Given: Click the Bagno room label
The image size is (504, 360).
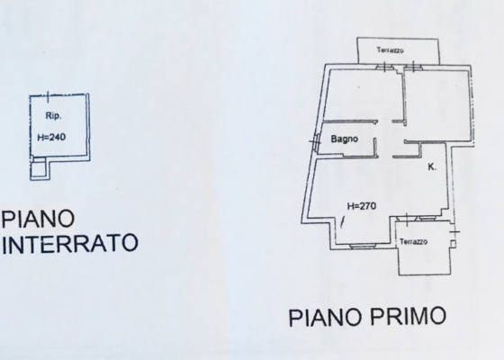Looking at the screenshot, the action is tap(344, 139).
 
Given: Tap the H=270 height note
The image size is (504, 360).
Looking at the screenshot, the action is tap(362, 206).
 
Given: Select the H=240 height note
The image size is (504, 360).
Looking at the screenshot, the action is tap(51, 137).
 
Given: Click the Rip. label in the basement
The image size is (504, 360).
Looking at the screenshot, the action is tap(53, 116).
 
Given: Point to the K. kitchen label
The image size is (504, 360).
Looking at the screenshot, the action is tap(432, 166).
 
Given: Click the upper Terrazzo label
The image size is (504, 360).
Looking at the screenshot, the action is tap(391, 49).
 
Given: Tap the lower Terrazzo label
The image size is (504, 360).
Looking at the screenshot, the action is tap(414, 241).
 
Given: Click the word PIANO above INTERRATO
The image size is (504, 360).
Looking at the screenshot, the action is tap(38, 219).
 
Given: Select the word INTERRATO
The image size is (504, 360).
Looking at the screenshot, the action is tap(70, 243).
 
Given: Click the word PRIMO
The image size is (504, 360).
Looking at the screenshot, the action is tap(409, 316).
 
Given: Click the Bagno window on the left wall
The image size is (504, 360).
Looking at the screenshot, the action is tap(316, 142).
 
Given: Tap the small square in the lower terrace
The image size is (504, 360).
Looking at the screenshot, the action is tap(453, 244).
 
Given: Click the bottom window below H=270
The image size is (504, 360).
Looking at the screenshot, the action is tap(363, 247).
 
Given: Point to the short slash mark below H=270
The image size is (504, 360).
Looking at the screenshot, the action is tap(343, 222).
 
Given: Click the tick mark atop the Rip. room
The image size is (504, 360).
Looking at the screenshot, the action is tap(49, 97).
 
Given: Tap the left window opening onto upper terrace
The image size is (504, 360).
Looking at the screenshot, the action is tap(384, 67).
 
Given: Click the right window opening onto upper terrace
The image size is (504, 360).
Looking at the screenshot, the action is tap(413, 67).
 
